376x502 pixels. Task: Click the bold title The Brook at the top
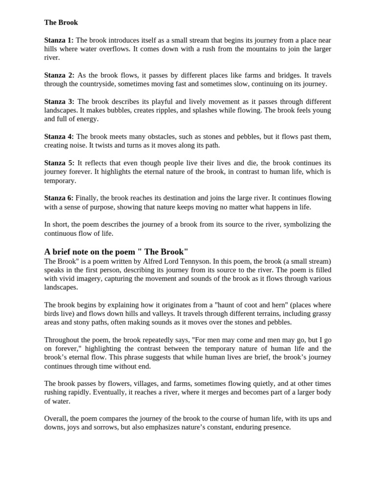[x=61, y=23]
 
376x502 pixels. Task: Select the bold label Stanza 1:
[x=59, y=40]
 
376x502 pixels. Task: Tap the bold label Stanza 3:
[x=59, y=101]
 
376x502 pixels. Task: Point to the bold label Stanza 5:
[x=59, y=163]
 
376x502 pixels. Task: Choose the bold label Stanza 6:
[x=59, y=198]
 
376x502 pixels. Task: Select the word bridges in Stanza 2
[x=288, y=75]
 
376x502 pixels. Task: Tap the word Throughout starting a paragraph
[x=61, y=340]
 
